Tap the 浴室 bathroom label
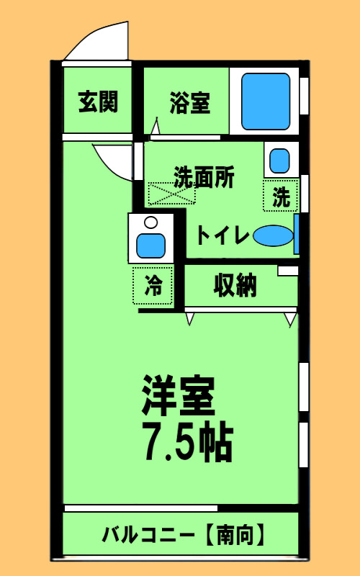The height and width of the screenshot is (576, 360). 190,103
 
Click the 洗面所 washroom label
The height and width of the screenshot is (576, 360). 204,177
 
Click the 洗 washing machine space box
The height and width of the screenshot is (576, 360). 282,196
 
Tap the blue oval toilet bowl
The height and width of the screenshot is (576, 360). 273,235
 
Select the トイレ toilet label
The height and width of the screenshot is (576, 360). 222,235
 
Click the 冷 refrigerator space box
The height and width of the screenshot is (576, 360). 153,285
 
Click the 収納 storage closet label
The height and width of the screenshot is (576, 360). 235,285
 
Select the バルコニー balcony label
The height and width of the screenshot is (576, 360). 148,536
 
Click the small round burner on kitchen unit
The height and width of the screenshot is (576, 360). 150,222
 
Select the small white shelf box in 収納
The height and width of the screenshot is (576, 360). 287,271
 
